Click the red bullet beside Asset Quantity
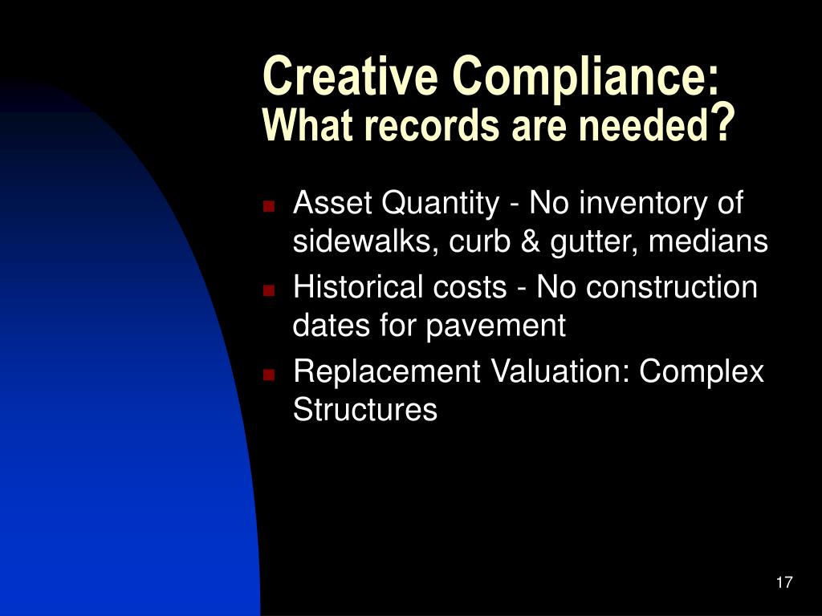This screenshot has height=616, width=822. (x=269, y=205)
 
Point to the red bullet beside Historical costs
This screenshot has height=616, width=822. (x=269, y=290)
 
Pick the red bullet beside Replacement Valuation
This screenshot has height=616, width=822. (x=269, y=374)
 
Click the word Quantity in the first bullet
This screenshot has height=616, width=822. (x=441, y=205)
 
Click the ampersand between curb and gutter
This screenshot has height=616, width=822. (x=531, y=241)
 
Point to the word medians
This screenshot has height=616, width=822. (x=708, y=241)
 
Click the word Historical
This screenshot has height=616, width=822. (x=358, y=287)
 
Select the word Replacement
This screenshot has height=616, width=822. (x=387, y=371)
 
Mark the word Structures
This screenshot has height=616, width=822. (x=365, y=409)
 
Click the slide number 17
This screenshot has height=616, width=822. (x=784, y=582)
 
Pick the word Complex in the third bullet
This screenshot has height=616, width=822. (x=702, y=373)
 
